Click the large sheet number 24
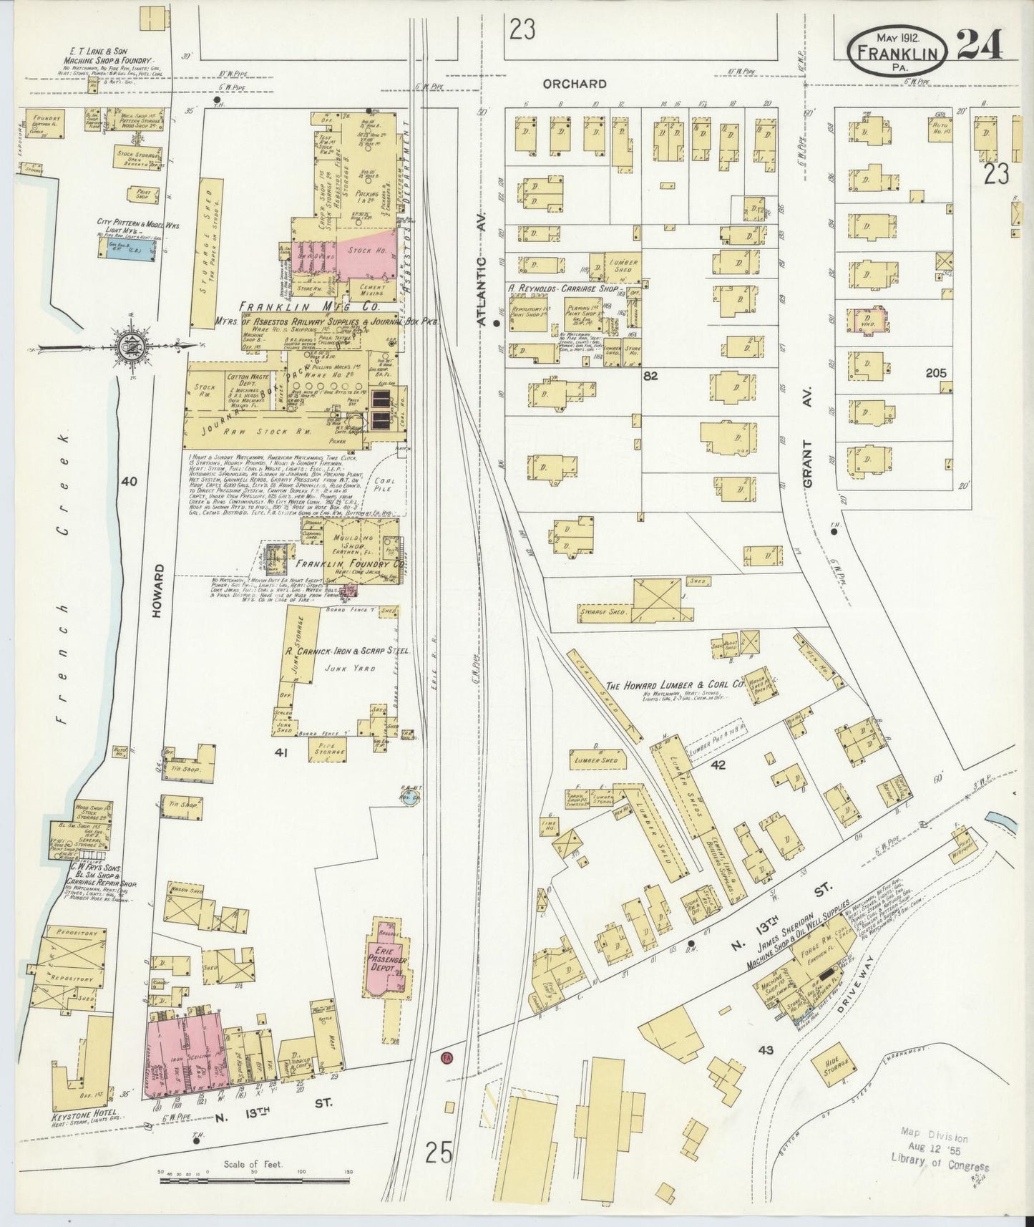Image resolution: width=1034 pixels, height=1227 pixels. (978, 45)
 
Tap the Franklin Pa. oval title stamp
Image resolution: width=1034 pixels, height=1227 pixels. (899, 51)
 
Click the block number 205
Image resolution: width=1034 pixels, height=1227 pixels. (935, 373)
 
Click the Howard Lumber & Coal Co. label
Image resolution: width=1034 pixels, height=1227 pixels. (675, 686)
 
